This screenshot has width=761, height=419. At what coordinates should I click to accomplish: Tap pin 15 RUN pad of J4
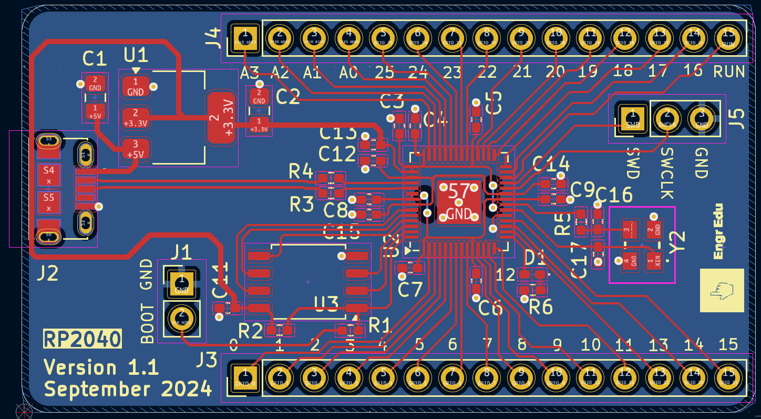pos(728,38)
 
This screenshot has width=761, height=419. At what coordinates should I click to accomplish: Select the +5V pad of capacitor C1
pos(95,111)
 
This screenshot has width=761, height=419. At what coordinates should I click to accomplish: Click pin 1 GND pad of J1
pos(182,283)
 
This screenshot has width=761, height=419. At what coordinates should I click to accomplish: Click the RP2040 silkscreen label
pos(83,339)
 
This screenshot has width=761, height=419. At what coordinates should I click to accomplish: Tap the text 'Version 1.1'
pos(101,367)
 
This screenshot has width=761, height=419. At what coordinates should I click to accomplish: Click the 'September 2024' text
pos(128,390)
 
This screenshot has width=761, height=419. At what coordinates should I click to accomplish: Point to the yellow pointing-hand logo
pos(722,290)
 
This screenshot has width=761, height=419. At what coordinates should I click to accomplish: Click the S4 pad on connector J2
pos(49,175)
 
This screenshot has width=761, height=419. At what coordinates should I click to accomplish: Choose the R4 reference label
pos(301,171)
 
